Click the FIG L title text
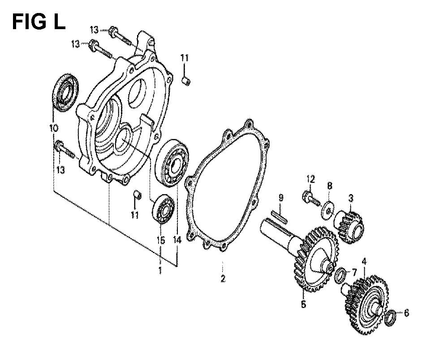(39, 22)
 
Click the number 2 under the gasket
(223, 278)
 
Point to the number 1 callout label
(160, 270)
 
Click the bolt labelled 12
(311, 198)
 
